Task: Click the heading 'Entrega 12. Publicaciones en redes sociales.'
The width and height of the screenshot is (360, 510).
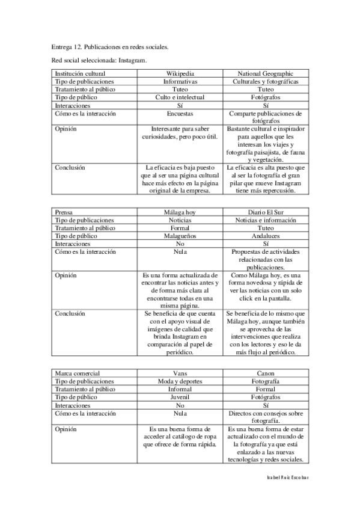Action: (x=109, y=46)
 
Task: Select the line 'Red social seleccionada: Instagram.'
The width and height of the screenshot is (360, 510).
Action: (x=99, y=60)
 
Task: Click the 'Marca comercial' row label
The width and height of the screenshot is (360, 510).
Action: (x=77, y=373)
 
